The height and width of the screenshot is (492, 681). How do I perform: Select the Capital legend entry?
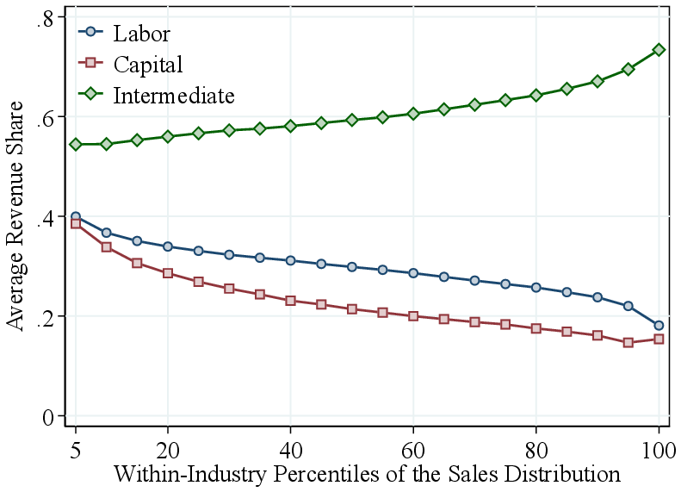click(x=147, y=64)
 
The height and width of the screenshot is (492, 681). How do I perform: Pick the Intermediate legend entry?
click(x=173, y=94)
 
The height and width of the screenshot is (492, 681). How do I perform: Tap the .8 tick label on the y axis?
click(x=46, y=18)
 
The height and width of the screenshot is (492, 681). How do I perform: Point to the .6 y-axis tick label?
click(x=46, y=117)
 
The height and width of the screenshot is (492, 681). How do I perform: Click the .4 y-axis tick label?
click(x=46, y=217)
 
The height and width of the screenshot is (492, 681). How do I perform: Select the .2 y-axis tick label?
click(x=46, y=317)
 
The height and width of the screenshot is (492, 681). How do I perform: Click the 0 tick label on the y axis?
click(x=49, y=417)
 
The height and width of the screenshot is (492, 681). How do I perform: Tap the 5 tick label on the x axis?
click(x=76, y=450)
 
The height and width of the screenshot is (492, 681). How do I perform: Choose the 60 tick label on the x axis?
click(x=413, y=450)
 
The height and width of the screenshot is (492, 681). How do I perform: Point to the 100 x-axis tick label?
click(x=659, y=450)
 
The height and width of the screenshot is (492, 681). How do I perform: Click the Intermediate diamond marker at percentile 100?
click(x=659, y=50)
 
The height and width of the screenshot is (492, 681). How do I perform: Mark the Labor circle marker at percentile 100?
click(x=659, y=326)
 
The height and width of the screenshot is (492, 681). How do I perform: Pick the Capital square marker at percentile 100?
click(x=659, y=339)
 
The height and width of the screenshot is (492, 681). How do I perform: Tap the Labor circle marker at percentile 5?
click(x=76, y=216)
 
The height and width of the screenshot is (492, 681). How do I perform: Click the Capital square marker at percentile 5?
click(x=76, y=224)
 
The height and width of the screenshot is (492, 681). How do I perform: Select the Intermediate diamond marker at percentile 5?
click(x=76, y=144)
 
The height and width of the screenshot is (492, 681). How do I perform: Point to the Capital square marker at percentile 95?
click(x=628, y=342)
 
